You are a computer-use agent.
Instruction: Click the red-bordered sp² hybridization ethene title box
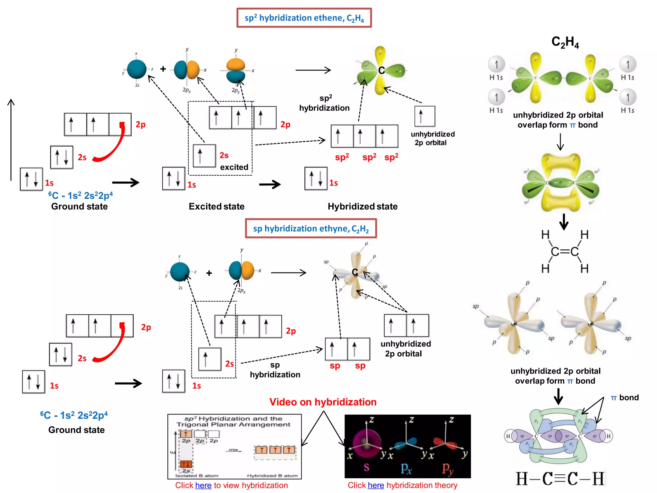click(x=304, y=18)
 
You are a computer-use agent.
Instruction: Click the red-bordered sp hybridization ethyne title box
click(x=311, y=229)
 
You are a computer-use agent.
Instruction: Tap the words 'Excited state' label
click(x=216, y=206)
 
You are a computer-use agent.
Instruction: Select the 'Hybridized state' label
click(x=362, y=206)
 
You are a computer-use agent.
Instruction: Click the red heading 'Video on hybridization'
click(x=323, y=402)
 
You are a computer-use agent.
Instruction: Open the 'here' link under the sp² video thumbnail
click(x=203, y=485)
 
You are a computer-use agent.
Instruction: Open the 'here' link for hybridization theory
click(x=376, y=485)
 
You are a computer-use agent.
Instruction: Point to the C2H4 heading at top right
click(x=565, y=42)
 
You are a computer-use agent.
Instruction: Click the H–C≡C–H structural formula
click(x=560, y=479)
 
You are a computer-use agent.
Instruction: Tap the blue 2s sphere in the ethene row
click(x=137, y=69)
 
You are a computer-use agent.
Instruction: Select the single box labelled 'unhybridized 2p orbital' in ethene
click(x=425, y=116)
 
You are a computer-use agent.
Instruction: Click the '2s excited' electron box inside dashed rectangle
click(x=204, y=156)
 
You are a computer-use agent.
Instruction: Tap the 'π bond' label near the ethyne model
click(x=625, y=398)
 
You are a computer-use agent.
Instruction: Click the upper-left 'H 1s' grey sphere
click(x=496, y=65)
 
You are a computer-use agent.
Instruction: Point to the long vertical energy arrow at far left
click(x=11, y=140)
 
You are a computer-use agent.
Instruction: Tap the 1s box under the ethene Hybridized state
click(x=316, y=178)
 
